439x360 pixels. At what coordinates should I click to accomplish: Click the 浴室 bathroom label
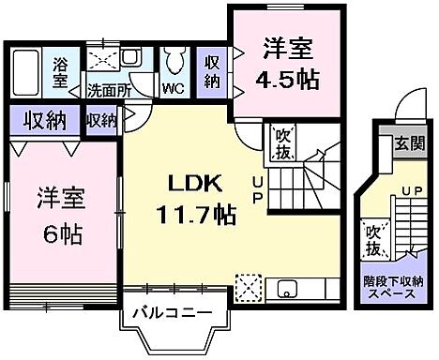[x=61, y=72]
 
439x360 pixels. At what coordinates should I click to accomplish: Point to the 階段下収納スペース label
[x=394, y=287]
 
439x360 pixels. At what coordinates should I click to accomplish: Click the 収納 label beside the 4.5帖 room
[x=213, y=69]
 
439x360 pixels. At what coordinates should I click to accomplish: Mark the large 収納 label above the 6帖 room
[x=45, y=120]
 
